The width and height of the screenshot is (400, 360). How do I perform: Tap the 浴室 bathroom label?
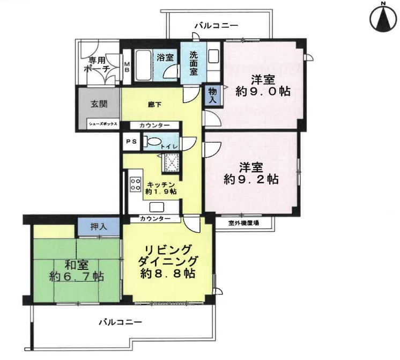pos(165,57)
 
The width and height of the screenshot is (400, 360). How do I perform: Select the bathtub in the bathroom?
pos(143,65)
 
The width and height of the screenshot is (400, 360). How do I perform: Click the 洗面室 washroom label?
pos(194,63)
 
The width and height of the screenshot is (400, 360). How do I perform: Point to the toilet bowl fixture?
pos(152,142)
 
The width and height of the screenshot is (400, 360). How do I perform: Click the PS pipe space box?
pos(131,142)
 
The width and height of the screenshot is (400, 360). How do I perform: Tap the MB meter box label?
pos(127,67)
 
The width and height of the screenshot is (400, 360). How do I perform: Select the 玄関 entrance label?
pos(99,104)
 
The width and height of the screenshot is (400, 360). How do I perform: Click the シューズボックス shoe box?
pos(103,124)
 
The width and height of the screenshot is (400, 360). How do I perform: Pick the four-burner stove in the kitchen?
pos(136,184)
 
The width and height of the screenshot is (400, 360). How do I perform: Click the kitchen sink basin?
pos(157,207)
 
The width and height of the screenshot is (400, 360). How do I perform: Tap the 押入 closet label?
pos(99,227)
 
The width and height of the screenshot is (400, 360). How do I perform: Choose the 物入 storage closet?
pos(212,95)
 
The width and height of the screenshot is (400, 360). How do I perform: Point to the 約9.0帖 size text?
pos(263,91)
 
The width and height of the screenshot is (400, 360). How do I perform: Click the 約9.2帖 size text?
pos(251,180)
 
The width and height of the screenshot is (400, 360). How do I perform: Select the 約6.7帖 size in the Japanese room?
pos(77,276)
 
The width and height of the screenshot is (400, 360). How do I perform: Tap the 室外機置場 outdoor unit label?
pos(243,223)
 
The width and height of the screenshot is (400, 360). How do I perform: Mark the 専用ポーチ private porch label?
pos(97,65)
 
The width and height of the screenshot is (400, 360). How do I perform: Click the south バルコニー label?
pos(121,322)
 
